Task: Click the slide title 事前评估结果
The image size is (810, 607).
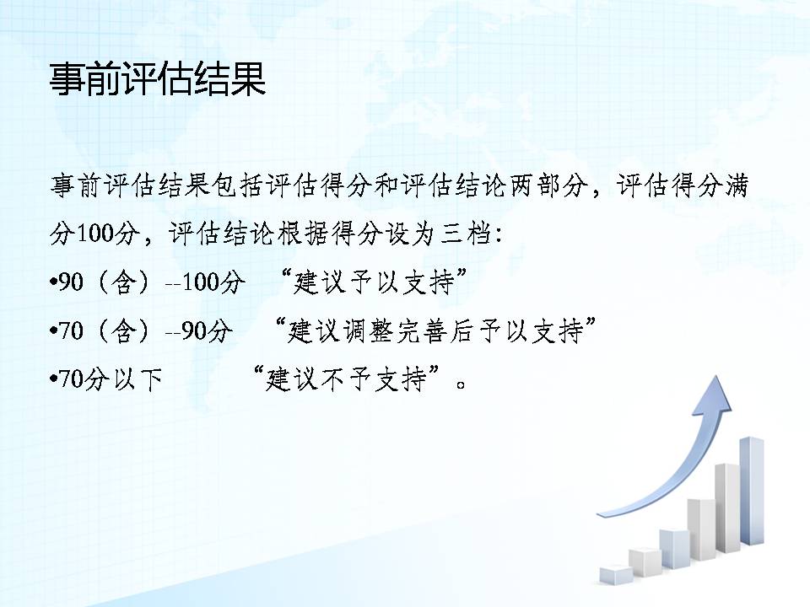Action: (x=158, y=79)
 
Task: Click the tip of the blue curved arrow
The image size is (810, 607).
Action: (x=717, y=376)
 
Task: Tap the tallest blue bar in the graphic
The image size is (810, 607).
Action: (x=752, y=491)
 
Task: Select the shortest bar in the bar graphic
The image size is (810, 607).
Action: (x=616, y=574)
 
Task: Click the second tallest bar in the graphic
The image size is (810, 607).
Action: (x=727, y=508)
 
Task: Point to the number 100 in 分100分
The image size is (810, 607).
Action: (x=94, y=234)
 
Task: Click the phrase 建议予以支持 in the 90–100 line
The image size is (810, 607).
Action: (x=374, y=283)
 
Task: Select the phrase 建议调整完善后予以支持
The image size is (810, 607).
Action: (x=435, y=330)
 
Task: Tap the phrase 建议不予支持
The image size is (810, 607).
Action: (x=346, y=379)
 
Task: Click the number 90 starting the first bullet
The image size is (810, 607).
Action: (x=71, y=282)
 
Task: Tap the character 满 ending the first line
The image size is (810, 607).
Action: (x=736, y=185)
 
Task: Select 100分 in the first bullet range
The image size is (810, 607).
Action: (x=213, y=282)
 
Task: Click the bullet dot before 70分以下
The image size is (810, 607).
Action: (x=53, y=380)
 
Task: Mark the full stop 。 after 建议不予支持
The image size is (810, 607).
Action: (x=461, y=384)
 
